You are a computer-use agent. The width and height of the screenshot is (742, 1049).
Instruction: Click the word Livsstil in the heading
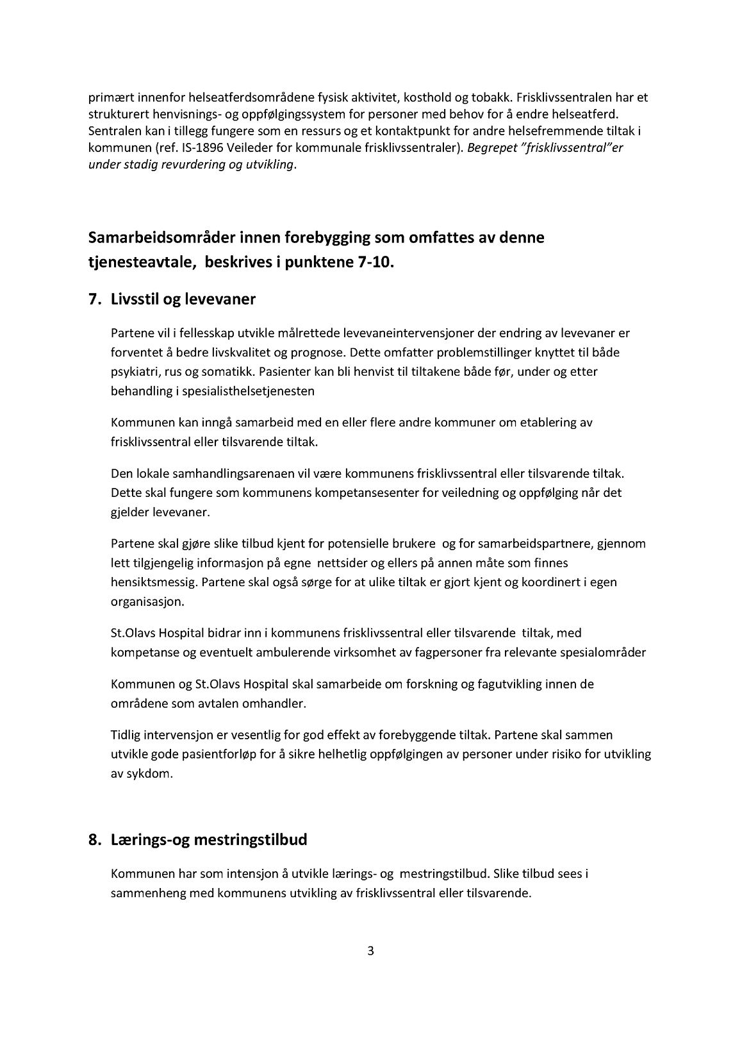[137, 299]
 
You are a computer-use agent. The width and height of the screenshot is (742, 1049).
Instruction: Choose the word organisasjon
[147, 602]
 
